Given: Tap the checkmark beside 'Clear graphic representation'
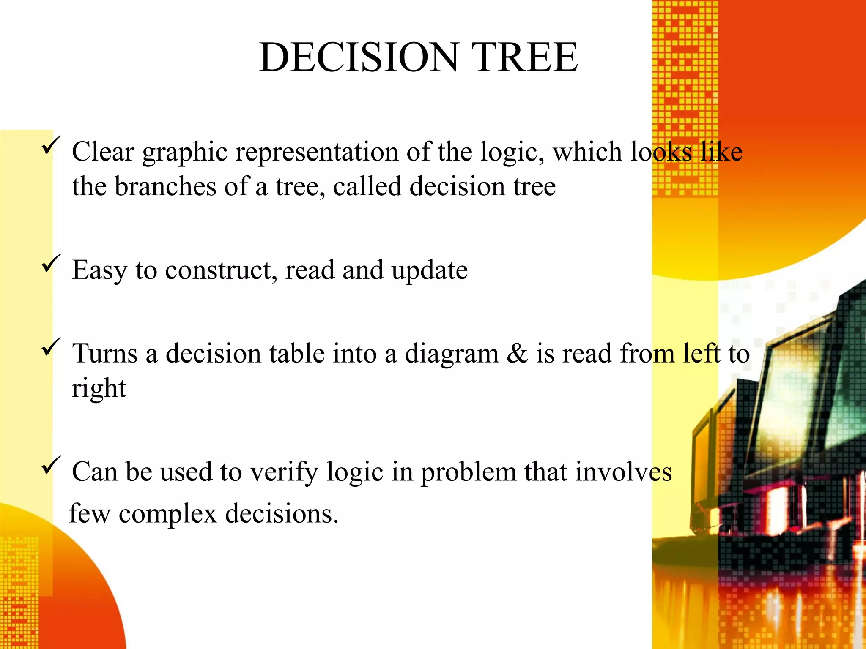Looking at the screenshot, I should pos(51,145).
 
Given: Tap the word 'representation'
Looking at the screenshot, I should pos(317,152).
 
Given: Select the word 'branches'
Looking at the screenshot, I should pos(165,186).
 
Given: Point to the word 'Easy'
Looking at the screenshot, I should pos(99,271).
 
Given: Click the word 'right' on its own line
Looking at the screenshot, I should pos(99,389).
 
